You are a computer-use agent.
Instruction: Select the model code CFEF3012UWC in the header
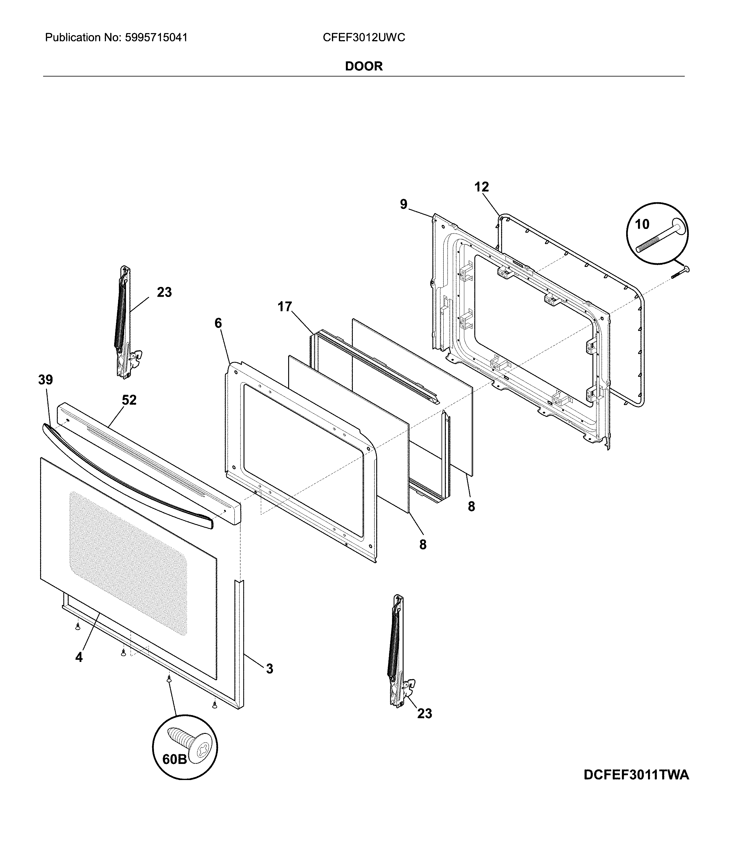364,38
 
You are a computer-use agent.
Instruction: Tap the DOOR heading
364,66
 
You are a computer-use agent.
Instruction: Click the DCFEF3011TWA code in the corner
636,775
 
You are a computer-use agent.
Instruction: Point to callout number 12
481,187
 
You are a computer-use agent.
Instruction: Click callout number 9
403,204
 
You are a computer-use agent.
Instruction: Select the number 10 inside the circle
642,224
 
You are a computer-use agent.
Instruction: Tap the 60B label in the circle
175,759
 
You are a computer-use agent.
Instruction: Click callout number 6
218,323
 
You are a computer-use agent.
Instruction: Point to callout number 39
46,380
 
